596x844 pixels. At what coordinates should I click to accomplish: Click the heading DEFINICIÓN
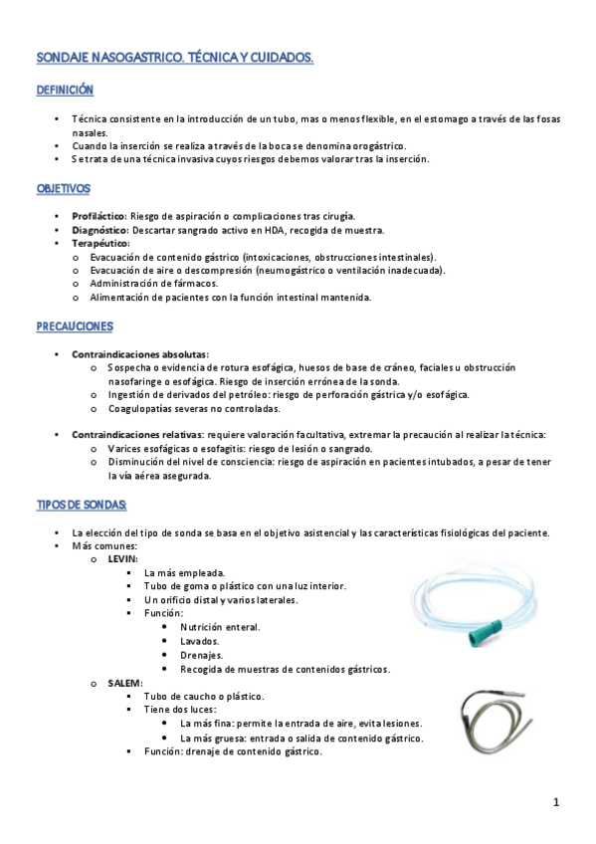65,91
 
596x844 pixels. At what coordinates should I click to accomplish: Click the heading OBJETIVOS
63,188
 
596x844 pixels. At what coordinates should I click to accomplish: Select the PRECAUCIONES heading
75,326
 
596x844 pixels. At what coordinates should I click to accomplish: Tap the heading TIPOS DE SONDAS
82,506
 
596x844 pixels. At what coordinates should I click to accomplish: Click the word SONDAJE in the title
63,59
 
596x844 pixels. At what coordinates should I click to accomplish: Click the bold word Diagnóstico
99,230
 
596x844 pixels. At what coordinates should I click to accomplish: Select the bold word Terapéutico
100,243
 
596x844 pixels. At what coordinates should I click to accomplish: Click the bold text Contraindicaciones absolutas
139,354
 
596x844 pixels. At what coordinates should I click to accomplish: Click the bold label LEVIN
123,559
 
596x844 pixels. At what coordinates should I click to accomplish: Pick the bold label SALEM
124,683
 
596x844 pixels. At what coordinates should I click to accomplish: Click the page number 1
557,802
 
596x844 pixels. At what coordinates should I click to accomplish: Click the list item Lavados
200,642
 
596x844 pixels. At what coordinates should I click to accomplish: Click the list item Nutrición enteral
220,628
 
